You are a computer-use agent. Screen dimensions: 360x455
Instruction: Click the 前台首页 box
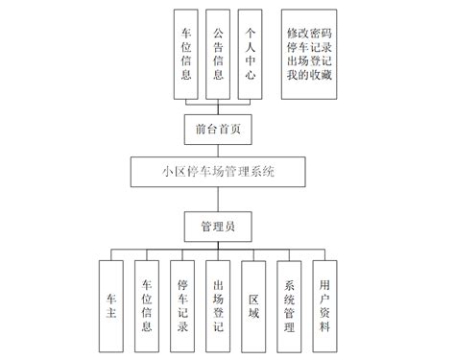tap(219, 128)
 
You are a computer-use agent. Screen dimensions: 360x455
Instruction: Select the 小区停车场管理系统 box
tap(219, 173)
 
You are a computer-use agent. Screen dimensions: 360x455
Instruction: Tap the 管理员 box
tap(219, 228)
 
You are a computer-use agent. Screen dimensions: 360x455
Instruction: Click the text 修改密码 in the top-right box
tap(310, 32)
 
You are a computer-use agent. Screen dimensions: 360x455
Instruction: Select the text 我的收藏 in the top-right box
tap(310, 77)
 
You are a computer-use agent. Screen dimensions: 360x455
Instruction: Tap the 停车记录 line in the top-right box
tap(310, 47)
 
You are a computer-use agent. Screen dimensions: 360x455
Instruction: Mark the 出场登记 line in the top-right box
tap(310, 62)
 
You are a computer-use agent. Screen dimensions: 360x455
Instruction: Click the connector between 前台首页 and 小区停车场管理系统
tap(219, 150)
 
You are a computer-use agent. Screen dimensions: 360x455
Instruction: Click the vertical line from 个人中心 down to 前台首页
tap(250, 106)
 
